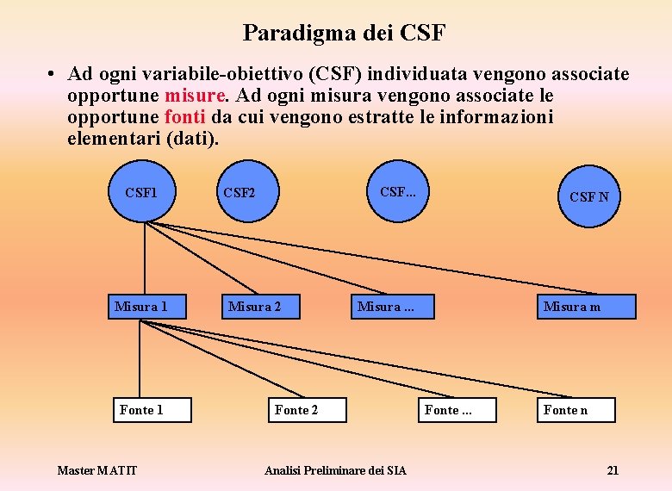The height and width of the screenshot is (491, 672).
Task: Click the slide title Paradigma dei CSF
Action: (x=344, y=33)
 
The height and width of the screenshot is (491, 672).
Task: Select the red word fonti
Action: (x=184, y=116)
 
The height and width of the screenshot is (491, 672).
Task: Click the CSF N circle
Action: (x=588, y=196)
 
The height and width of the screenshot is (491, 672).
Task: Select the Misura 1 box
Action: (x=141, y=307)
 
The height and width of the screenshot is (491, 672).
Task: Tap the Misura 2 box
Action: (x=255, y=307)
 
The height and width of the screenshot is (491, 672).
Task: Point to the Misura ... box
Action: (x=390, y=307)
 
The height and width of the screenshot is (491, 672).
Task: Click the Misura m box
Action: (x=586, y=307)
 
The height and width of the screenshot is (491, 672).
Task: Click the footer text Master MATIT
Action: (x=96, y=470)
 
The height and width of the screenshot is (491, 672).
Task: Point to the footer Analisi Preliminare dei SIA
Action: (x=335, y=470)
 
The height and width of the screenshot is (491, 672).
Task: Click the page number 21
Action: (x=613, y=470)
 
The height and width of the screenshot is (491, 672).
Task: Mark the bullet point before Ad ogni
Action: (x=53, y=75)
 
